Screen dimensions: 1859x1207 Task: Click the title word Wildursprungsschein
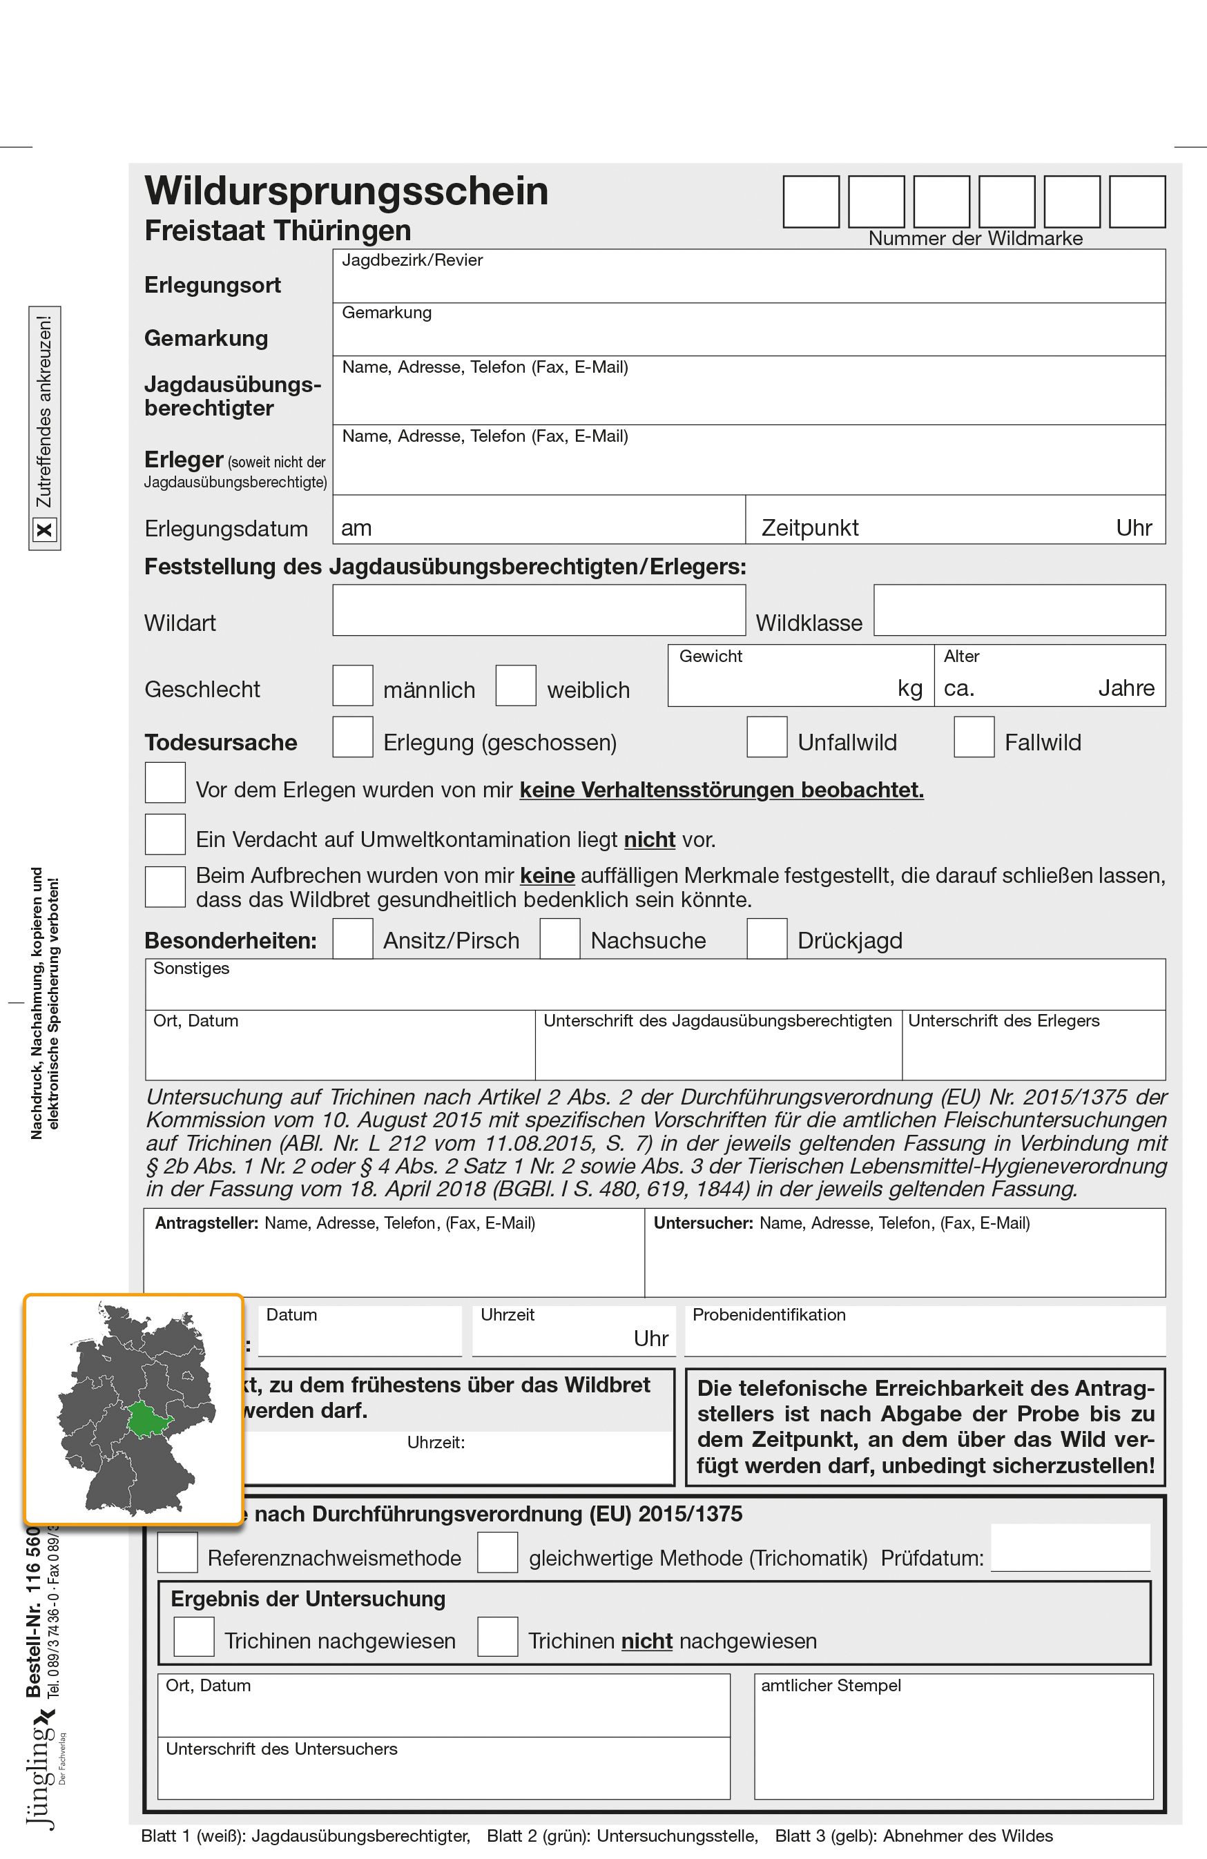(346, 191)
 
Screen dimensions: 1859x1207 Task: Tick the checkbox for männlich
(352, 685)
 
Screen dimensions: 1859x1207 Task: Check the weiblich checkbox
(516, 685)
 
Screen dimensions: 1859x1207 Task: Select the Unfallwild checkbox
(766, 737)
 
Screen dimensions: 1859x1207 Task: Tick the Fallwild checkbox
(974, 737)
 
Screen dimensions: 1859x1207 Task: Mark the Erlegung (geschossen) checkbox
(352, 737)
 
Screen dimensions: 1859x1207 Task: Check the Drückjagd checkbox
(766, 938)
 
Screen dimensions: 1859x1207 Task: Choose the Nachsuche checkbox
(559, 938)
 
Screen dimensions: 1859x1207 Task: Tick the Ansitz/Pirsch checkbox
(352, 938)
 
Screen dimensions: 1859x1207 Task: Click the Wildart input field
(539, 610)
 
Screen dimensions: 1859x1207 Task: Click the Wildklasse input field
(1018, 610)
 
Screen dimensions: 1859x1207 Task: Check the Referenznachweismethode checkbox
(177, 1551)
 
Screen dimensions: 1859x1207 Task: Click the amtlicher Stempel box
(953, 1745)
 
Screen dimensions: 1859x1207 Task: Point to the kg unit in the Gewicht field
(910, 688)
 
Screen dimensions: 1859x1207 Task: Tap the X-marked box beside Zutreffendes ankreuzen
(44, 529)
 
